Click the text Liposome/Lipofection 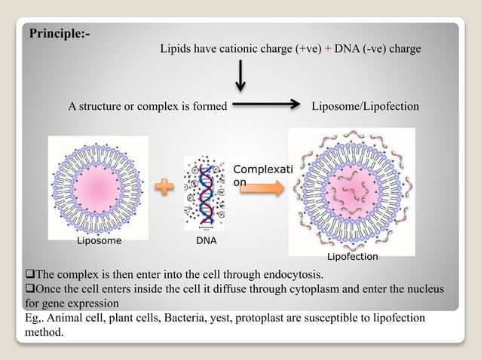365,107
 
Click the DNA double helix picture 204,192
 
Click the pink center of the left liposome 98,185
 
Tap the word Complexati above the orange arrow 258,170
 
